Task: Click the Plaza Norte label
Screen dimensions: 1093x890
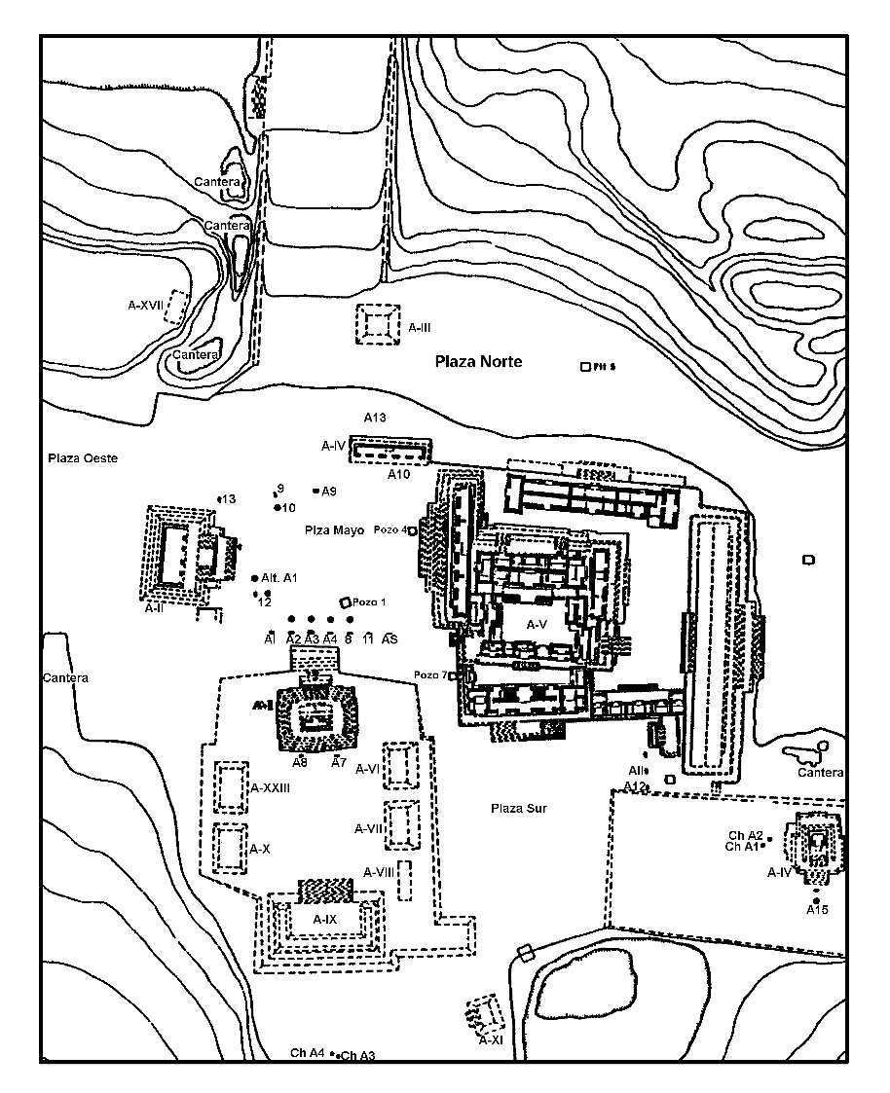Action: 478,362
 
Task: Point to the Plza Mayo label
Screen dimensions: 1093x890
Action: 334,530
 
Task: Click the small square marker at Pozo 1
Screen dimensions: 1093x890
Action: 344,602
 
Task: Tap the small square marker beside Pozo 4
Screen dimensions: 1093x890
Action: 413,530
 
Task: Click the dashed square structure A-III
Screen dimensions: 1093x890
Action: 378,323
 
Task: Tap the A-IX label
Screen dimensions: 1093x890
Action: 324,919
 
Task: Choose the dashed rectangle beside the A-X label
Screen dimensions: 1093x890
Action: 229,848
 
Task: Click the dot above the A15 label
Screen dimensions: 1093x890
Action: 816,899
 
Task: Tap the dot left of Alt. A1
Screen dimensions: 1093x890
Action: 254,578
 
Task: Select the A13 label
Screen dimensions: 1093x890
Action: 376,418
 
